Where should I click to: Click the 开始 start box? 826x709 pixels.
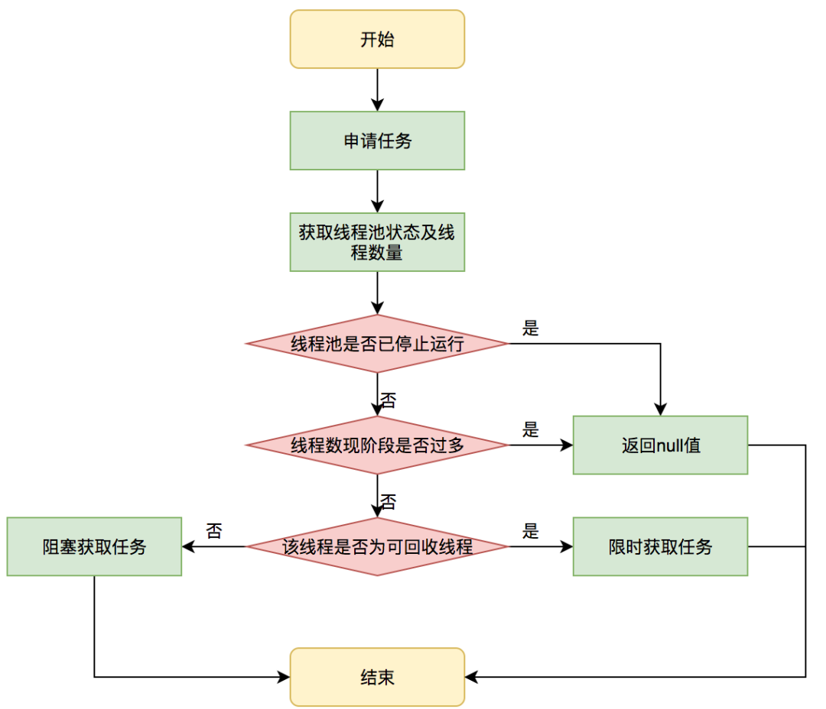pos(377,40)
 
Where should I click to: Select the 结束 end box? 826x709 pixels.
pos(377,677)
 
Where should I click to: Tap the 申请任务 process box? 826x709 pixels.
pos(377,141)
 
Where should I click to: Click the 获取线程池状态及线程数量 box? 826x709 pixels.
pos(377,242)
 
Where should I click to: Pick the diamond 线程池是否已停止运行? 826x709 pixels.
pos(377,344)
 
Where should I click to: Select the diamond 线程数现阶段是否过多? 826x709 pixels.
pos(377,445)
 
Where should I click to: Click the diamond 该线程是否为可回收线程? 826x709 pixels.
pos(377,547)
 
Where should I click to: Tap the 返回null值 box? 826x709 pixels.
pos(660,445)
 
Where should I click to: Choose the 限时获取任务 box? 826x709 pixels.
pos(660,547)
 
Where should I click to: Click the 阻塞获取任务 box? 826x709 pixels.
pos(94,547)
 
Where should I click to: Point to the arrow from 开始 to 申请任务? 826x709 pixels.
pos(377,90)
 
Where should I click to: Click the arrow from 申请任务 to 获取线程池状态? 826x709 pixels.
pos(377,191)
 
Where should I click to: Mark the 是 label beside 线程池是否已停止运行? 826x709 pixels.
pos(531,329)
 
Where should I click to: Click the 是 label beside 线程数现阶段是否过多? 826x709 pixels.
pos(531,430)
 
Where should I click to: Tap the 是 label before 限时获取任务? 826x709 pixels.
pos(531,532)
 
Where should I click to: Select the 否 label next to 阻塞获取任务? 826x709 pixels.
pos(214,532)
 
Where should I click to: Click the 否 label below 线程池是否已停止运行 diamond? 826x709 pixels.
pos(389,400)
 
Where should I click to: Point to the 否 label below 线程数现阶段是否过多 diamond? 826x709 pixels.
pos(389,502)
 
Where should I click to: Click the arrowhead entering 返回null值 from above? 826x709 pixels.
pos(660,410)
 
